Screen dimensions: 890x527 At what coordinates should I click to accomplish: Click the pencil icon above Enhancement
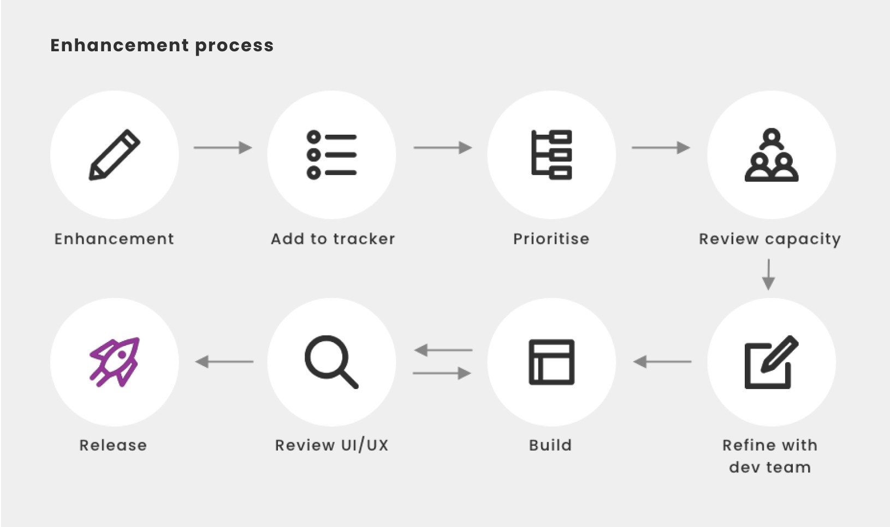[115, 155]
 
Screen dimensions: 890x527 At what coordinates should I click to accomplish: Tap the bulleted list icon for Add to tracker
[331, 155]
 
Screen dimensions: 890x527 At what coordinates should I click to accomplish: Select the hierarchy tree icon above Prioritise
[551, 155]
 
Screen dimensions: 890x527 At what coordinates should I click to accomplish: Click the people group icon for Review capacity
[772, 155]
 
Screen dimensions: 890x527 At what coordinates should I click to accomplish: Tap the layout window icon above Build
[551, 362]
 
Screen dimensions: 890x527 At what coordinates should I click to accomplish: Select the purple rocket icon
[115, 362]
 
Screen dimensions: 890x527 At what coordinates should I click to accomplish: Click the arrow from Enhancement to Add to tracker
[223, 147]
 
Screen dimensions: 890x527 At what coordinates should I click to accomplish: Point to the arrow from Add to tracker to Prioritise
[443, 147]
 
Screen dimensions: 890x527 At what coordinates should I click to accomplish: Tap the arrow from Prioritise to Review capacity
[661, 147]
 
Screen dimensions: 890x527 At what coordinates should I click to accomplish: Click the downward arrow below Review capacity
[768, 275]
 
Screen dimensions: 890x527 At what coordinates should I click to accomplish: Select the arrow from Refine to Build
[662, 361]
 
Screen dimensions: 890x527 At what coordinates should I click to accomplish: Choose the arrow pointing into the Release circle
[224, 361]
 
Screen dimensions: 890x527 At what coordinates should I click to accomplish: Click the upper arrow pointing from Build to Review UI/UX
[443, 350]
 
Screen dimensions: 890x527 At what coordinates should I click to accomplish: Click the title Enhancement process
[162, 45]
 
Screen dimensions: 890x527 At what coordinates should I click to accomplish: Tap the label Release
[113, 445]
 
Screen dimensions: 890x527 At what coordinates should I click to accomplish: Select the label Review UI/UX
[331, 445]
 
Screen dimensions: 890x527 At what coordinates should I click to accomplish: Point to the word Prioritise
[551, 239]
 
